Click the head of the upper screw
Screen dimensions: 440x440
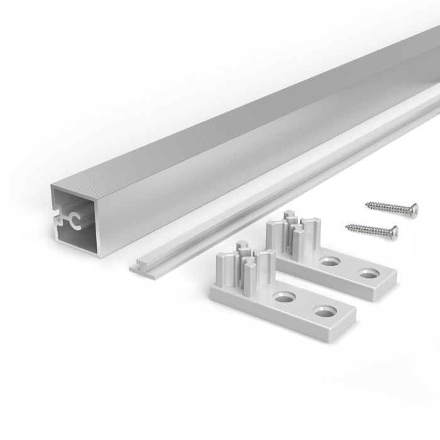413,209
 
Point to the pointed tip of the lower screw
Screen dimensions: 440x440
344,224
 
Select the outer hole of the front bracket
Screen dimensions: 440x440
325,312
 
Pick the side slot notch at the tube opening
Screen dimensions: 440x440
57,219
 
